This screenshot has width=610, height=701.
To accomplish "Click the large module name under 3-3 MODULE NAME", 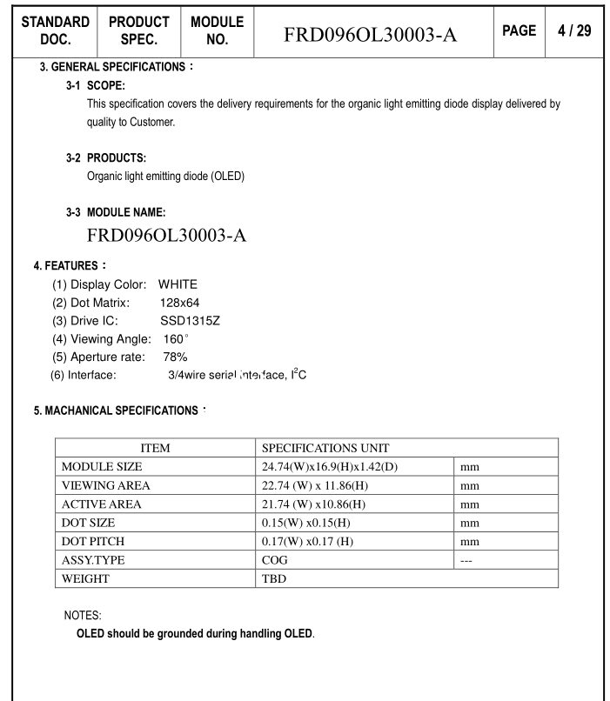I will coord(167,237).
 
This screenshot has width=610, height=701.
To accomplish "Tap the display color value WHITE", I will coord(178,284).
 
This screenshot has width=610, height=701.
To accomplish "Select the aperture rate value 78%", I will coord(175,357).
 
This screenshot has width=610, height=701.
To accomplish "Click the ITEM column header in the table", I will coord(155,448).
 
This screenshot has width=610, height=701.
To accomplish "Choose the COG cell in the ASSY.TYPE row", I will coord(275,560).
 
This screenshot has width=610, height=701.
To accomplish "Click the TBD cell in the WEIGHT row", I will coord(275,578).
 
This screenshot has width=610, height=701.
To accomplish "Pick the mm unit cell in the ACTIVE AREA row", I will coord(470,504).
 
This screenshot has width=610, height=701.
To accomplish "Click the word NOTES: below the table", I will coord(84,615).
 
